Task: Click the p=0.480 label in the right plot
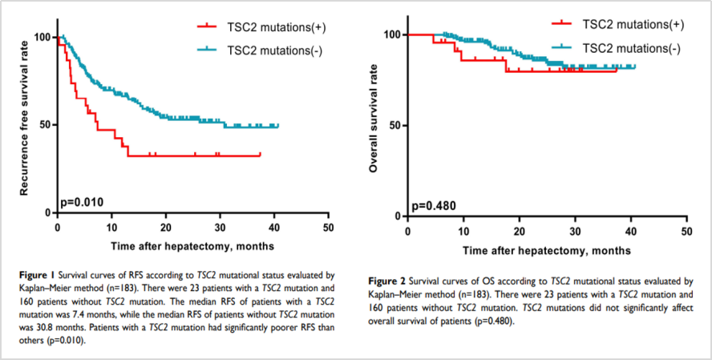click(434, 205)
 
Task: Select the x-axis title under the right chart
click(546, 250)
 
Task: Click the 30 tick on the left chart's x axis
click(220, 228)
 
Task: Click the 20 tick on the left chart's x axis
click(166, 228)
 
